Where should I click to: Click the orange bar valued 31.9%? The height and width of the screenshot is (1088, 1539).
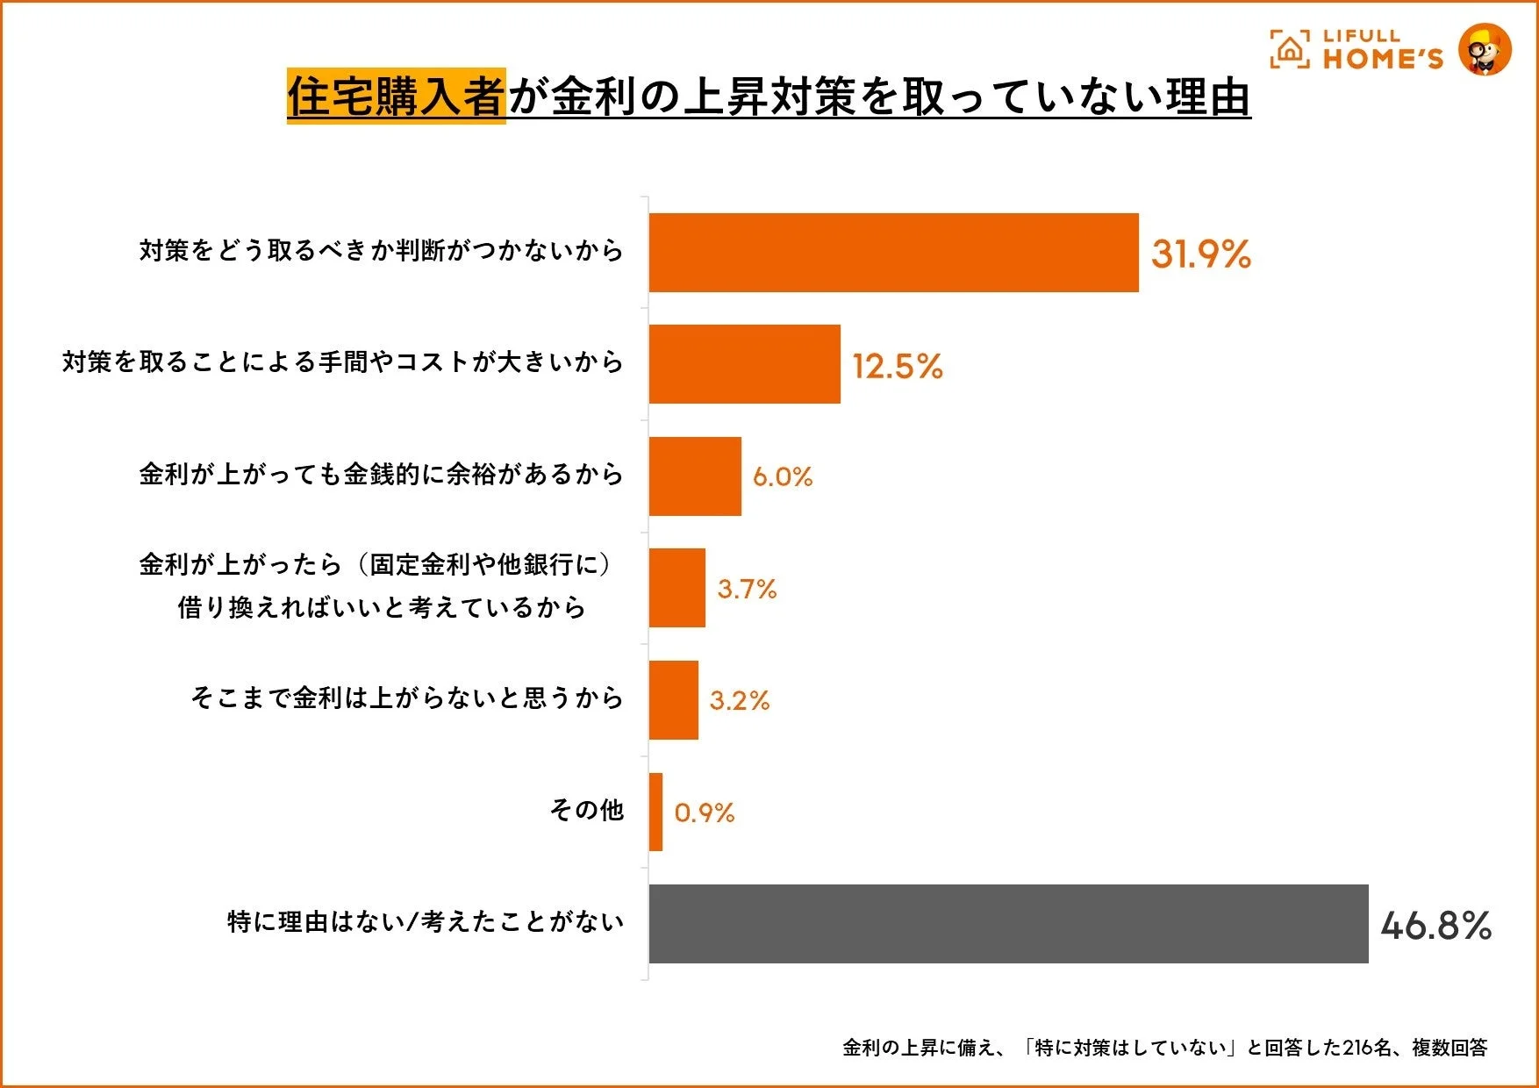point(893,253)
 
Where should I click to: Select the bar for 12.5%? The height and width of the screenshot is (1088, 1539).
point(744,364)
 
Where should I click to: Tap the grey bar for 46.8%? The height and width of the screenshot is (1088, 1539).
point(1008,924)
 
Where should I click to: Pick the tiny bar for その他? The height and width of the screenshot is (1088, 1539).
point(655,812)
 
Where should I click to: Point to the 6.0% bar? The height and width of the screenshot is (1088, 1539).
point(695,476)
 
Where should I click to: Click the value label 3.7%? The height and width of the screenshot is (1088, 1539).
point(747,589)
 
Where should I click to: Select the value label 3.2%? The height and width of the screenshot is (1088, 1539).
point(739,700)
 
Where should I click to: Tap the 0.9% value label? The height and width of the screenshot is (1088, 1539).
point(704,812)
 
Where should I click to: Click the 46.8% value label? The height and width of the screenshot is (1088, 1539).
point(1435,925)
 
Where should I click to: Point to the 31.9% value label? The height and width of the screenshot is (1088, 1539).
point(1200,254)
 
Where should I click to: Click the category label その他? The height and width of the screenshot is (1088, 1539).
point(586,809)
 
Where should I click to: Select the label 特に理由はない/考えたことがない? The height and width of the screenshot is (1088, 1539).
point(426,921)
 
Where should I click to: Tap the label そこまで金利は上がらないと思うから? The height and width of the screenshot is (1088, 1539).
point(407,698)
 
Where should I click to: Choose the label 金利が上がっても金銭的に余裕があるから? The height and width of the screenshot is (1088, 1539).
point(381,474)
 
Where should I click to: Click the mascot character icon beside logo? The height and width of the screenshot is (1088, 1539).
point(1485,49)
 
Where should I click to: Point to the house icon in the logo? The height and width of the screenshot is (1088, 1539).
point(1289,50)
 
